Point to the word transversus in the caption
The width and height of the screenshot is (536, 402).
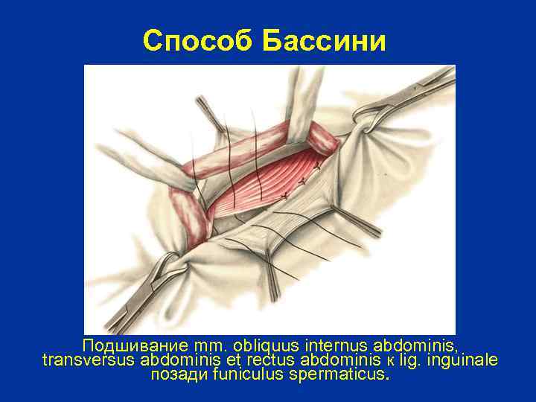pos(89,360)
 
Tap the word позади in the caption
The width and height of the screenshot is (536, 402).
pos(179,374)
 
